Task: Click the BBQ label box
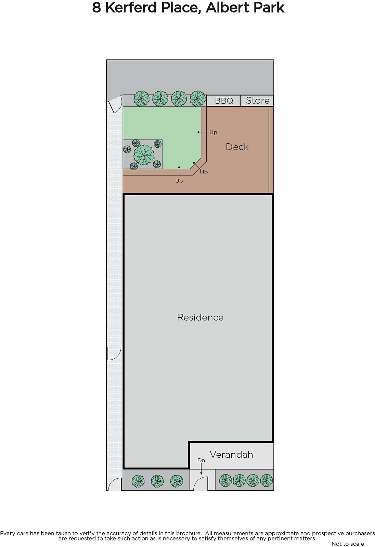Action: [223, 101]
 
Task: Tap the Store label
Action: [258, 101]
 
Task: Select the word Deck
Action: [237, 147]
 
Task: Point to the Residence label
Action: [200, 317]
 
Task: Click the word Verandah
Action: [231, 454]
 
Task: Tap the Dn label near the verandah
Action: [201, 460]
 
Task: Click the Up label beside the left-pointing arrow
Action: [213, 132]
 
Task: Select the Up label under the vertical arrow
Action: [179, 181]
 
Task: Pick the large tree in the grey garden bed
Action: [144, 155]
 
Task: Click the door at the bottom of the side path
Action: [115, 484]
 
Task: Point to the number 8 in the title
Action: [96, 8]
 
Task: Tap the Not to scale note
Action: [348, 544]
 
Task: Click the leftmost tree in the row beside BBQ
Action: [142, 99]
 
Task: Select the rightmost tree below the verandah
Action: [267, 480]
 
